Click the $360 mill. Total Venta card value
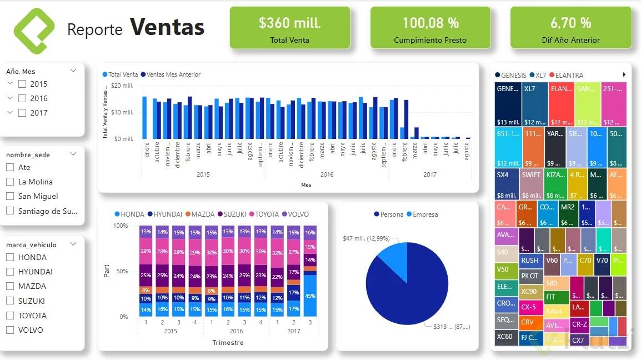point(289,23)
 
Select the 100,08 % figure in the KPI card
point(430,23)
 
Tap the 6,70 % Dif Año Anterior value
point(570,23)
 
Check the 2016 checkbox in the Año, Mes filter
point(22,98)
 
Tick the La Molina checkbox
point(10,182)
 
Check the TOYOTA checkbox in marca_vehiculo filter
point(10,316)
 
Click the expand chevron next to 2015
point(10,83)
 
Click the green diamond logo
point(34,31)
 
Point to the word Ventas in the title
point(167,27)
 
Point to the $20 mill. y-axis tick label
point(122,86)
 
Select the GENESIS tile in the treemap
point(508,104)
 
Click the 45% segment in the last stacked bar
point(310,296)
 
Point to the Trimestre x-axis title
point(228,343)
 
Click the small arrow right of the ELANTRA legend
point(624,75)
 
